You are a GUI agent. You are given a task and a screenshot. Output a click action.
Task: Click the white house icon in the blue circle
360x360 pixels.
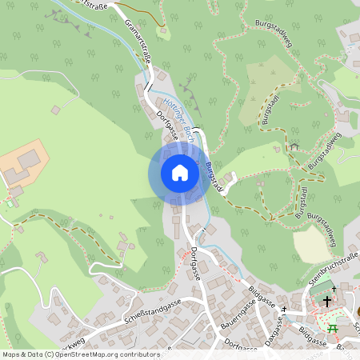click(179, 173)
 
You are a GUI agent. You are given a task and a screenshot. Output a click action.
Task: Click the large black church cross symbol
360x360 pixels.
click(327, 302)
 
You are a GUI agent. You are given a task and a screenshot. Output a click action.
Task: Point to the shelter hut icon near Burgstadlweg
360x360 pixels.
click(294, 146)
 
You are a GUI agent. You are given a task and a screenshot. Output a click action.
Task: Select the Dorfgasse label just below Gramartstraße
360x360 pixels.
click(166, 125)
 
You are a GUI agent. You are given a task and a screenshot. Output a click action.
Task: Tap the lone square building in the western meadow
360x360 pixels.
click(55, 110)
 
